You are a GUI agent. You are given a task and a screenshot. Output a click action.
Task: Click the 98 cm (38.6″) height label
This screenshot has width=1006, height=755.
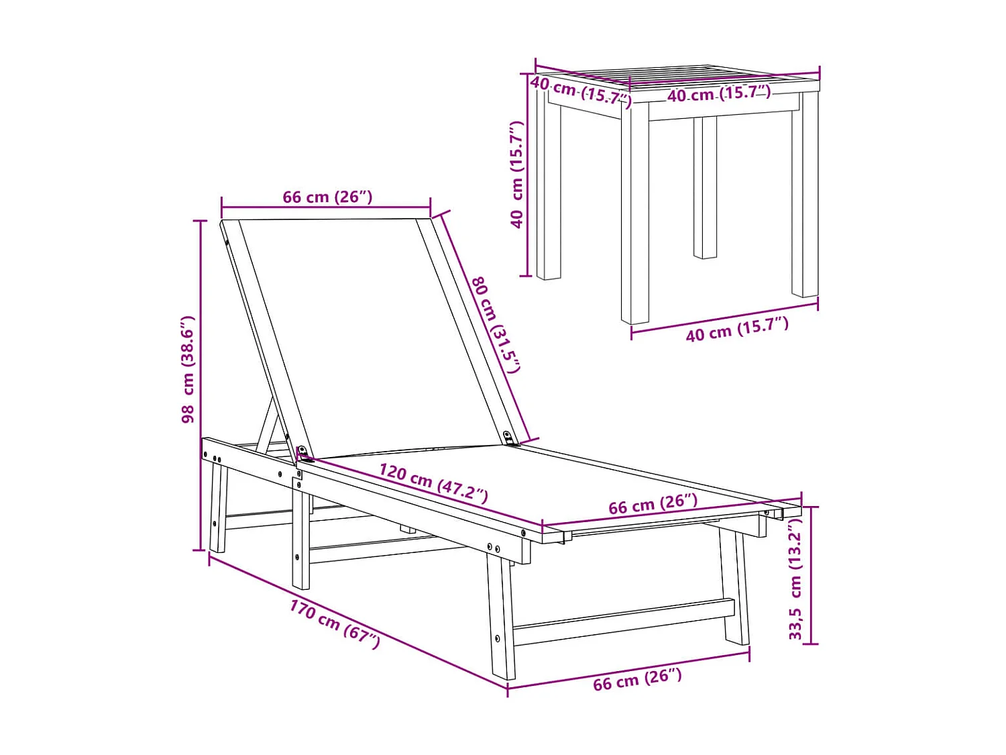pyautogui.click(x=188, y=369)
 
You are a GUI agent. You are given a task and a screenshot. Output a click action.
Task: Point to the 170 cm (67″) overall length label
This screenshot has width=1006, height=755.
pyautogui.click(x=335, y=624)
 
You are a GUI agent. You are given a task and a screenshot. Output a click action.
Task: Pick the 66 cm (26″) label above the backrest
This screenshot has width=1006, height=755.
pyautogui.click(x=327, y=197)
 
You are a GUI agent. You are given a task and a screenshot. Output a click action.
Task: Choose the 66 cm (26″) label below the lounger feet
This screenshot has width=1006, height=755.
pyautogui.click(x=638, y=680)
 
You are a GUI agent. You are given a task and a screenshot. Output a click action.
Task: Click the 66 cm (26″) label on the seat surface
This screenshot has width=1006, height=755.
pyautogui.click(x=653, y=504)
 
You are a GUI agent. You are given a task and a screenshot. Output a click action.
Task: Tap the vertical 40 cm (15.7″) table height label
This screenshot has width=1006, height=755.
pyautogui.click(x=517, y=174)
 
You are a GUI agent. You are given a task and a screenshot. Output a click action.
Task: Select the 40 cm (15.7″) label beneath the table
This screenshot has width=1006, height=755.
pyautogui.click(x=737, y=329)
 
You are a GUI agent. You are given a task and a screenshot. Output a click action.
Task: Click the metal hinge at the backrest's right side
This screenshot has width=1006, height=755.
pyautogui.click(x=509, y=438)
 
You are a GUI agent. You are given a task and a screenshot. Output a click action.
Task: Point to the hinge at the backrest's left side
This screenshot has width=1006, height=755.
pyautogui.click(x=302, y=454)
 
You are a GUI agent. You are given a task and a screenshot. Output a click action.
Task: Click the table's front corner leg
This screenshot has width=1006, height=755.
pyautogui.click(x=634, y=213)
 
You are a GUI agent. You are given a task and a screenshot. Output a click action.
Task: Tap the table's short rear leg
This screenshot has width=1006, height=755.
pyautogui.click(x=705, y=187)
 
